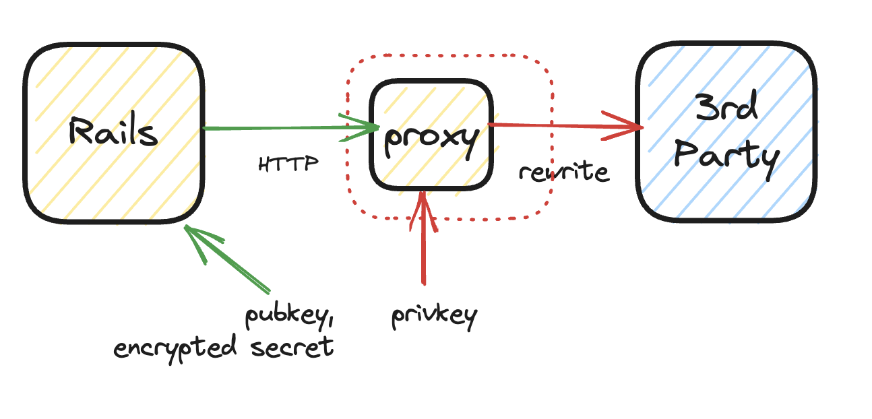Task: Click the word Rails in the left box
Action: pos(113,132)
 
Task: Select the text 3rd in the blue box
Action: pos(726,108)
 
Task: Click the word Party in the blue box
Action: pos(726,157)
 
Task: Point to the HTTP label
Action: pos(288,164)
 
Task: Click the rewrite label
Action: pos(563,172)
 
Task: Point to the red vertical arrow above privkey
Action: pos(423,249)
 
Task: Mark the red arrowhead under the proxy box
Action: pos(423,205)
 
